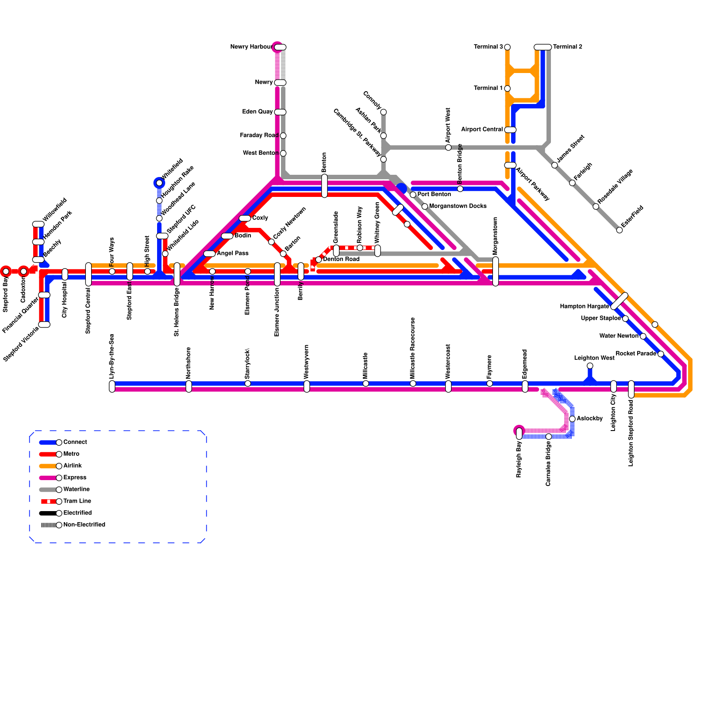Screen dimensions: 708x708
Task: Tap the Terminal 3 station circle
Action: click(507, 47)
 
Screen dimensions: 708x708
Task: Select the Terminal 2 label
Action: click(568, 46)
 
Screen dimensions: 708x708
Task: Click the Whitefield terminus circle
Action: click(159, 183)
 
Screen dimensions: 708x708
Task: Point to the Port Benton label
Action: click(434, 194)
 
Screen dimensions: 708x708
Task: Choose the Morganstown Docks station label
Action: click(458, 206)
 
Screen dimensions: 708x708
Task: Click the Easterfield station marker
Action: click(619, 230)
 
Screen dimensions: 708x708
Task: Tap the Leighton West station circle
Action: click(590, 366)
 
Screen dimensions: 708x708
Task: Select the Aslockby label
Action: click(589, 419)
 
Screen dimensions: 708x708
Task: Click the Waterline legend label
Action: click(77, 489)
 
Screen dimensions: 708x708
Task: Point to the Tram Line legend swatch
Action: click(48, 501)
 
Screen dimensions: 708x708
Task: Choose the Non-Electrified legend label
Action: click(84, 525)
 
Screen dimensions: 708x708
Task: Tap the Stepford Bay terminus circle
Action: click(6, 271)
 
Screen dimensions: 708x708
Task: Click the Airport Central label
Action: click(481, 130)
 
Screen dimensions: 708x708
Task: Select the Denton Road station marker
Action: click(319, 259)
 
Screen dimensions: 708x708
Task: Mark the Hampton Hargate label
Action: click(584, 306)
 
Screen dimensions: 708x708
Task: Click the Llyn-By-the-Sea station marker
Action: click(112, 386)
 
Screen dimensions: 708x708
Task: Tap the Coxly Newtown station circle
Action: click(271, 242)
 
